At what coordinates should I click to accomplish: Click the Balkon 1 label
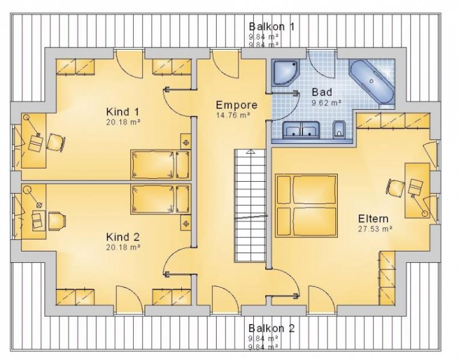[271, 26]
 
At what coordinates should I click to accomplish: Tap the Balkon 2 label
[271, 328]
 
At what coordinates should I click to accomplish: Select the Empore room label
[237, 104]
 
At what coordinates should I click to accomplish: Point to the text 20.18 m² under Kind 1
[123, 122]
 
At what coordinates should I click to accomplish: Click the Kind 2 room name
[123, 236]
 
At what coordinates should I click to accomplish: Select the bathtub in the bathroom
[371, 80]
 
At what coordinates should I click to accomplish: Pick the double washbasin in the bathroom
[302, 130]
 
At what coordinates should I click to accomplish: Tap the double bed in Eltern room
[306, 205]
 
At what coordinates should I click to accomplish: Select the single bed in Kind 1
[160, 164]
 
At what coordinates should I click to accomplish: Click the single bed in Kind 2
[160, 199]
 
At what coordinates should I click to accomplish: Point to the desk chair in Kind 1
[56, 142]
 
